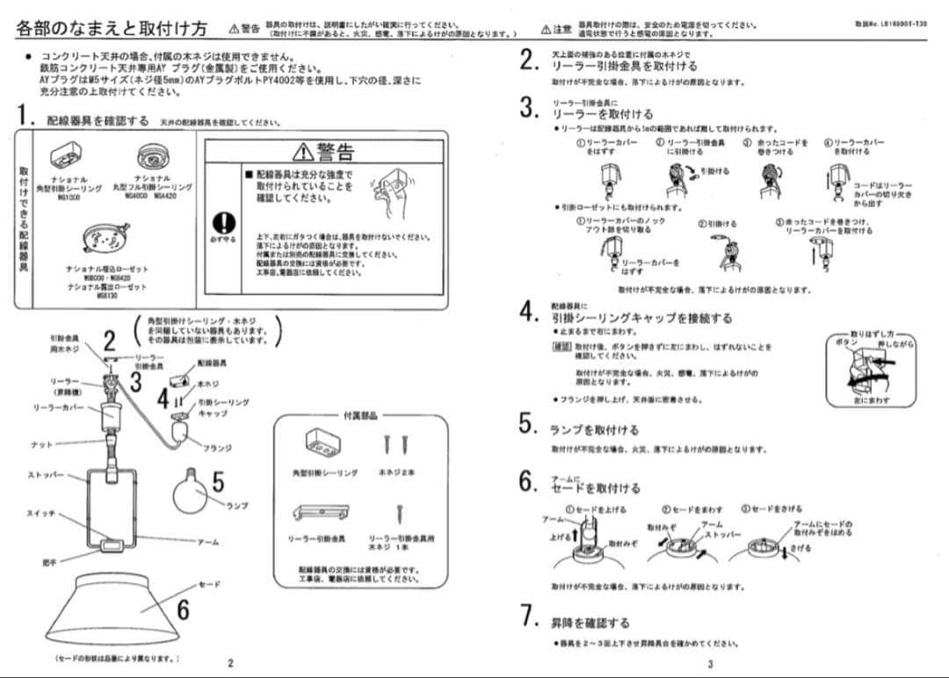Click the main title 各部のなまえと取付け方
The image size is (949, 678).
click(x=112, y=29)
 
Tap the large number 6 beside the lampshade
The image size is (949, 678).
click(x=183, y=609)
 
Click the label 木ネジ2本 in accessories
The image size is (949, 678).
click(x=396, y=472)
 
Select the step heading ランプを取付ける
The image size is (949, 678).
click(x=594, y=430)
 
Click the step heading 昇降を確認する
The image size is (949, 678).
click(x=590, y=623)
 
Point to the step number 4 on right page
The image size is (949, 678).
click(x=526, y=312)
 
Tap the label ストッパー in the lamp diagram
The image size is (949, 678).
click(x=46, y=474)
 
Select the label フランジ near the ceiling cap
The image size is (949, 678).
click(x=217, y=448)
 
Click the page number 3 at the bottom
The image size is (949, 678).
click(x=710, y=663)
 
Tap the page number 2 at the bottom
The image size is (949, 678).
click(x=230, y=663)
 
